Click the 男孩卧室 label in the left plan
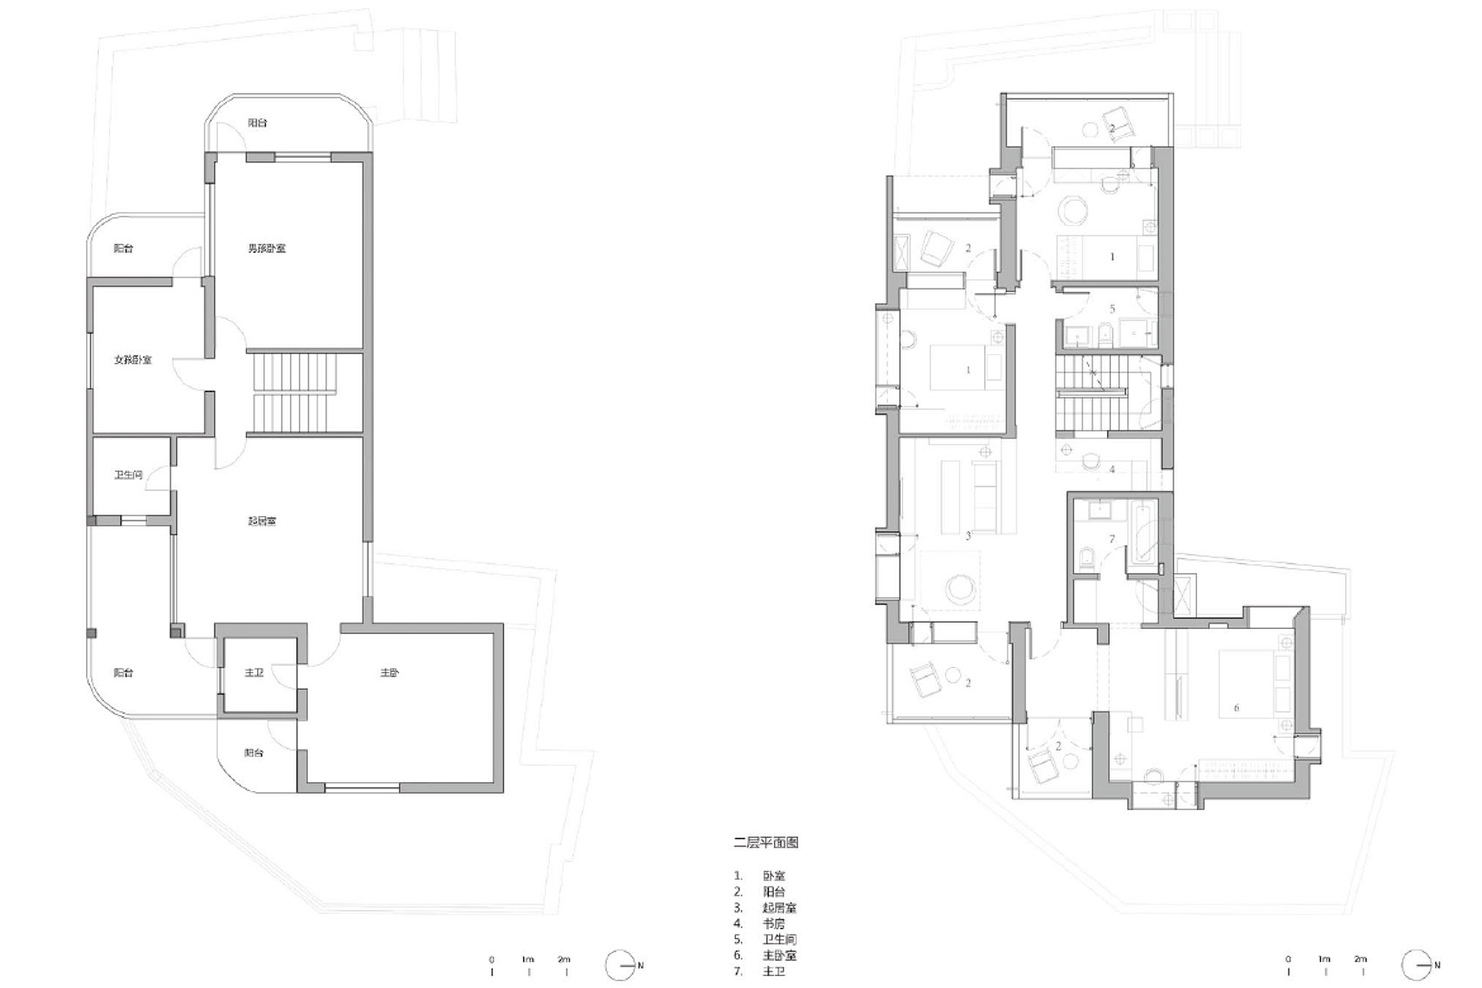tap(267, 249)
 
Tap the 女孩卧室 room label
tap(133, 359)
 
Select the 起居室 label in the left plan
tap(262, 521)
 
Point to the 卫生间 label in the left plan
tap(128, 475)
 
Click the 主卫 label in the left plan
tap(254, 673)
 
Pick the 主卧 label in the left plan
tap(390, 673)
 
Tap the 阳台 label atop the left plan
tap(257, 123)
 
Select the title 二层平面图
tap(765, 842)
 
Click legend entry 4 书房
tap(773, 923)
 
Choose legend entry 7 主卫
tap(773, 971)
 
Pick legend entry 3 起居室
tap(778, 907)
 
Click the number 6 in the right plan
tap(1236, 708)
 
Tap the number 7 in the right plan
tap(1111, 540)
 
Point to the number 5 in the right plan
tap(1112, 310)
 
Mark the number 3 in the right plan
tap(968, 536)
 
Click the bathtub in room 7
tap(1142, 532)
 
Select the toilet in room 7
tap(1087, 558)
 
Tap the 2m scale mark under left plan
tap(565, 964)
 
